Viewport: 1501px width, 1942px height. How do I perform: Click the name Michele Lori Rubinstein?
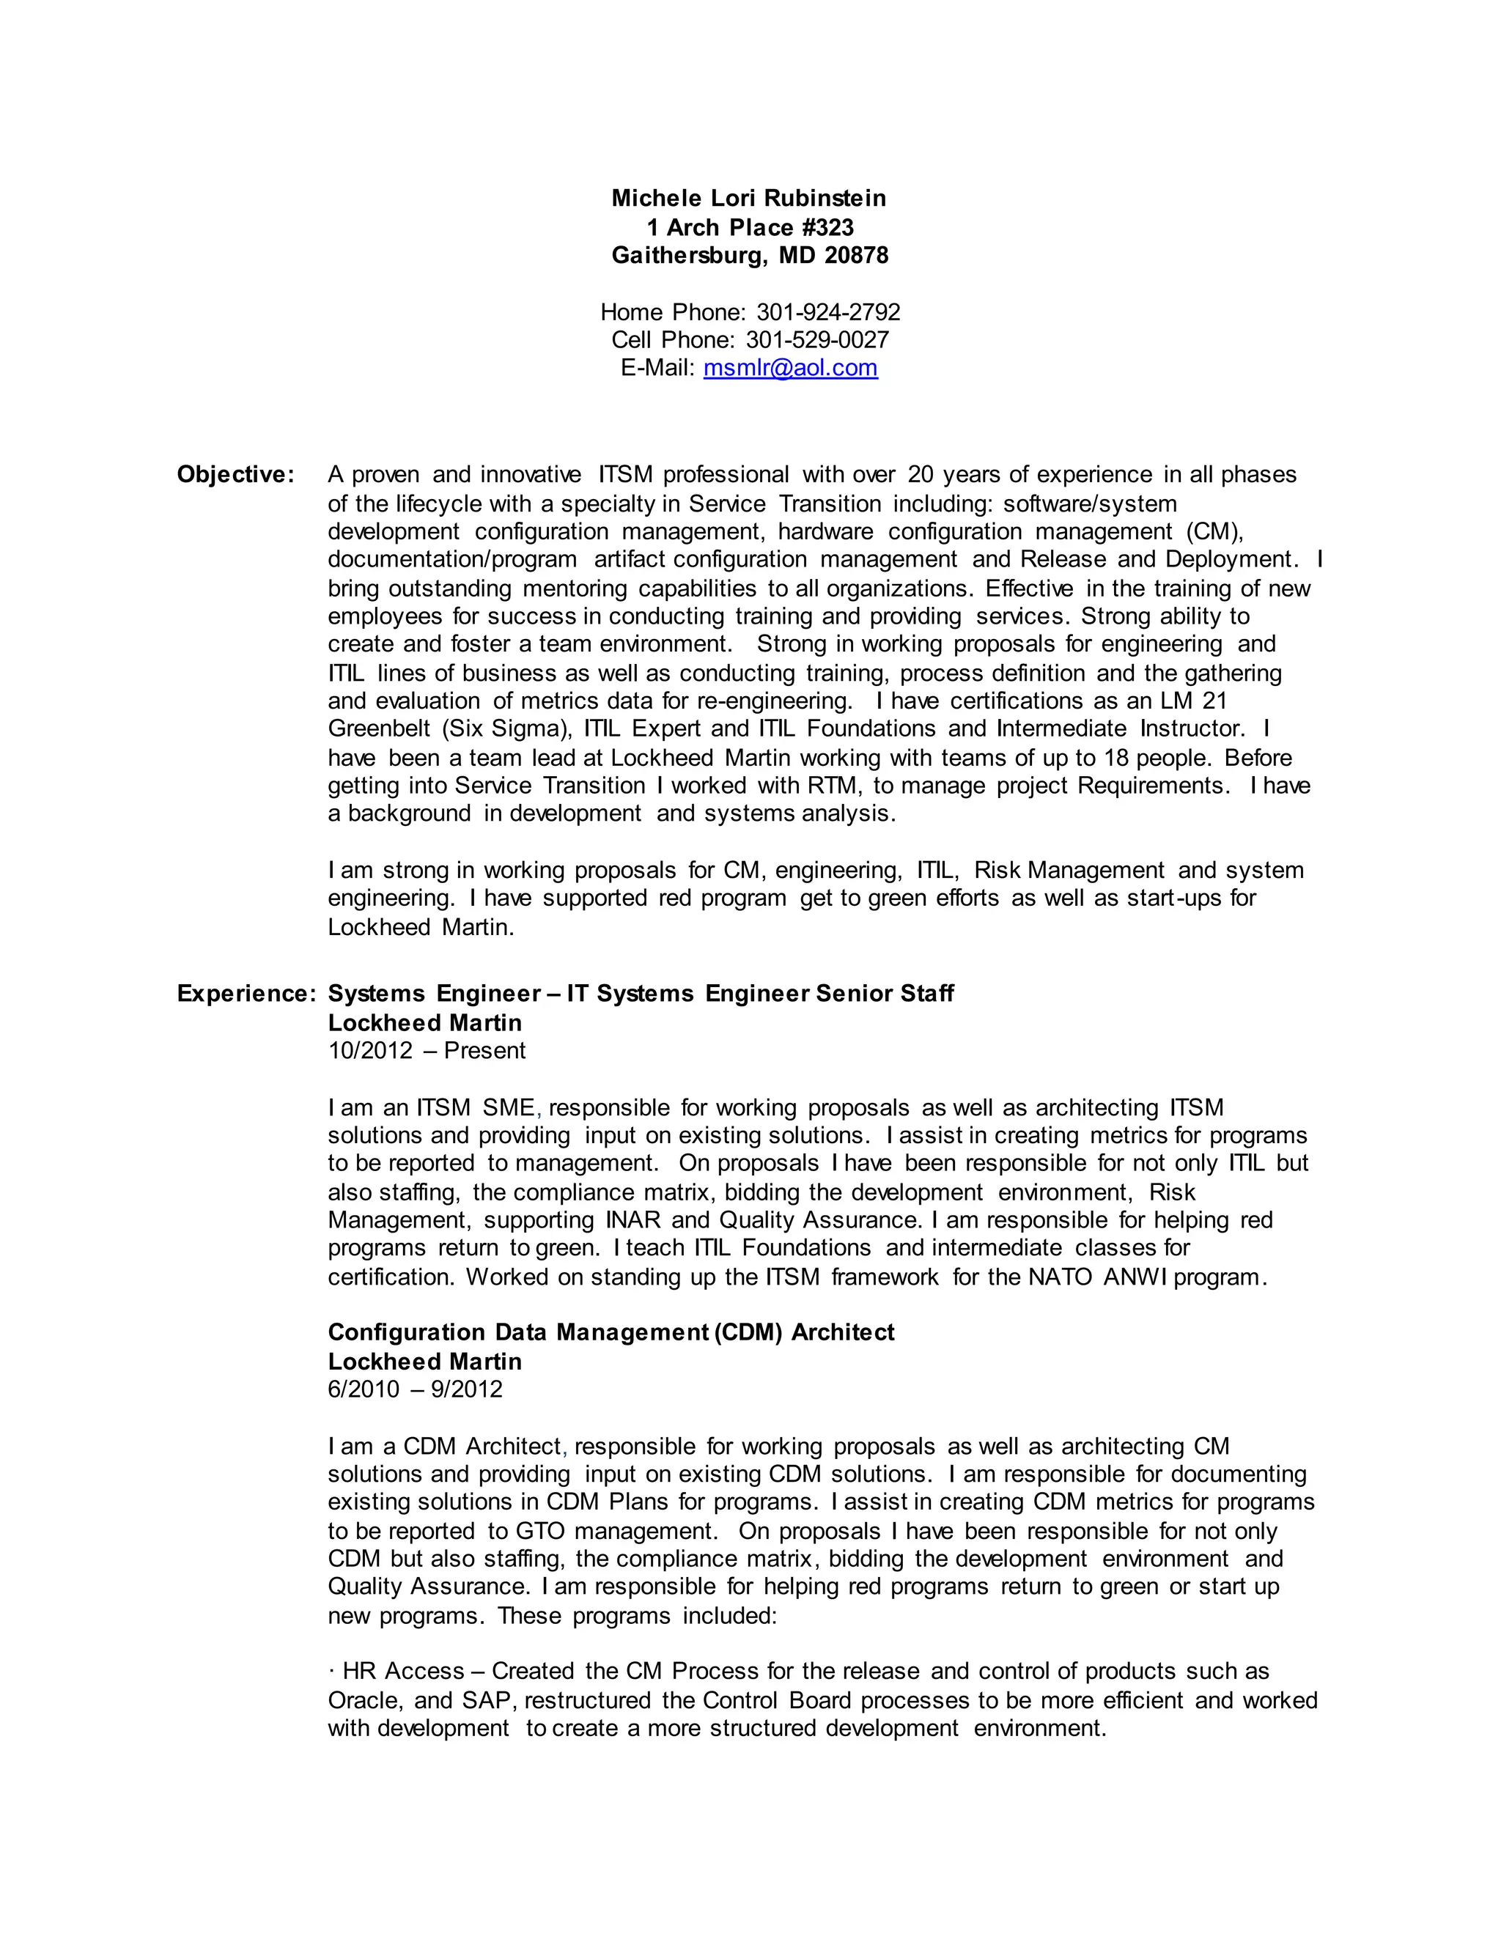(749, 199)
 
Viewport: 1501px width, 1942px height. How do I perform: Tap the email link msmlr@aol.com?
(791, 368)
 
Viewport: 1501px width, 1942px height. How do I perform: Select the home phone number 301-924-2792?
(828, 312)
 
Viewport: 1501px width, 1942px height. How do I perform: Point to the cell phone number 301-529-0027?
(817, 340)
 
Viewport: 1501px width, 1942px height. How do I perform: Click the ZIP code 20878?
(856, 256)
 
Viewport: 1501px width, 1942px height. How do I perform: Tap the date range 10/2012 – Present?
(427, 1051)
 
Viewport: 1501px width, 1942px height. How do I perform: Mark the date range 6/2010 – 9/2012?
(416, 1389)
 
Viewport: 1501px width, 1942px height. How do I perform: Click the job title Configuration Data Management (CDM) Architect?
(611, 1333)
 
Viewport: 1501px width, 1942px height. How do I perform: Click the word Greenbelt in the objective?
(379, 729)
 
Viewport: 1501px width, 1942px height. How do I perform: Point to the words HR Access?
(403, 1672)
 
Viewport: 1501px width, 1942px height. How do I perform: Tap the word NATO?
(1061, 1278)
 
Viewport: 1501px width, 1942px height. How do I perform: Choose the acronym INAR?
(633, 1220)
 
